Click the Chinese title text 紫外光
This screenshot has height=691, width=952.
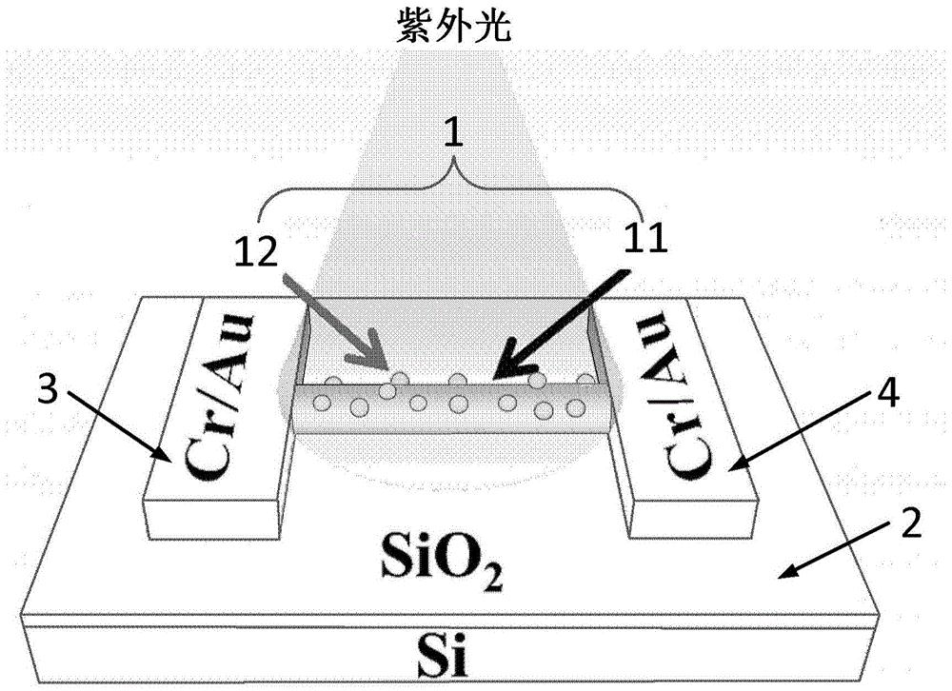pos(454,30)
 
